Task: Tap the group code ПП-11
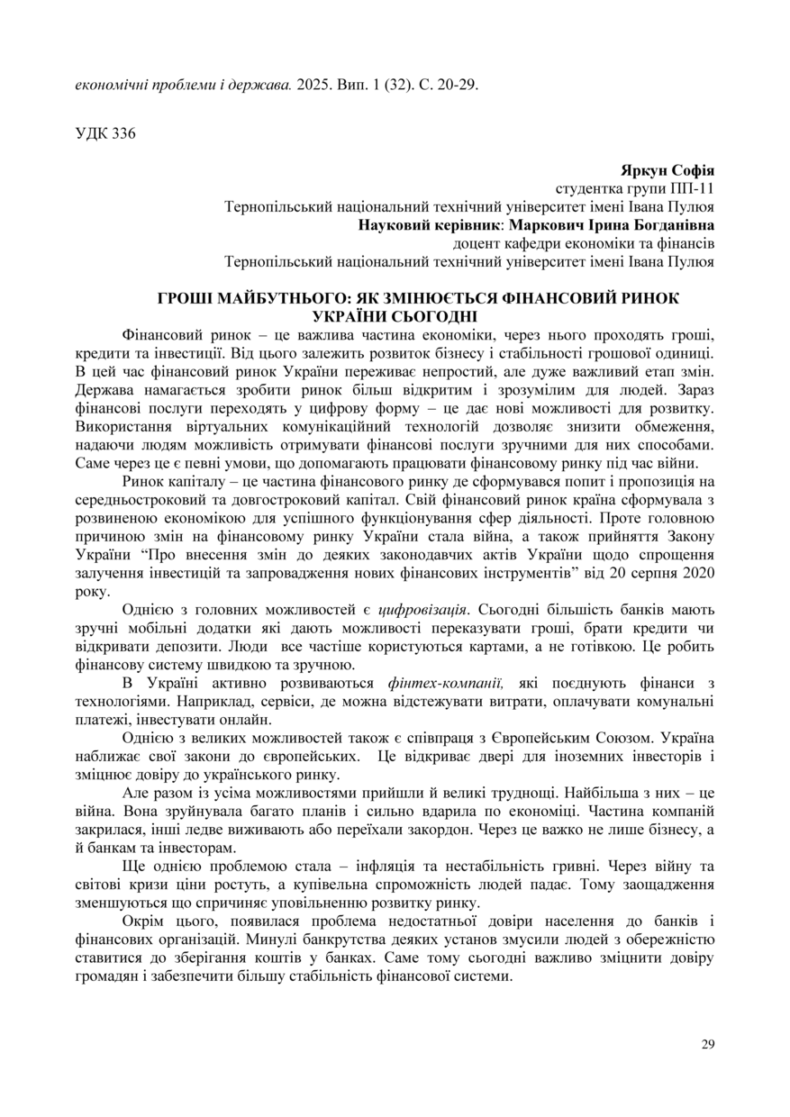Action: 693,189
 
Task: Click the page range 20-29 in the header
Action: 456,86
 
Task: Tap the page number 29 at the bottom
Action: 707,1044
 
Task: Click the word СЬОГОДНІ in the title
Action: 427,316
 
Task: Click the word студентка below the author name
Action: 588,189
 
